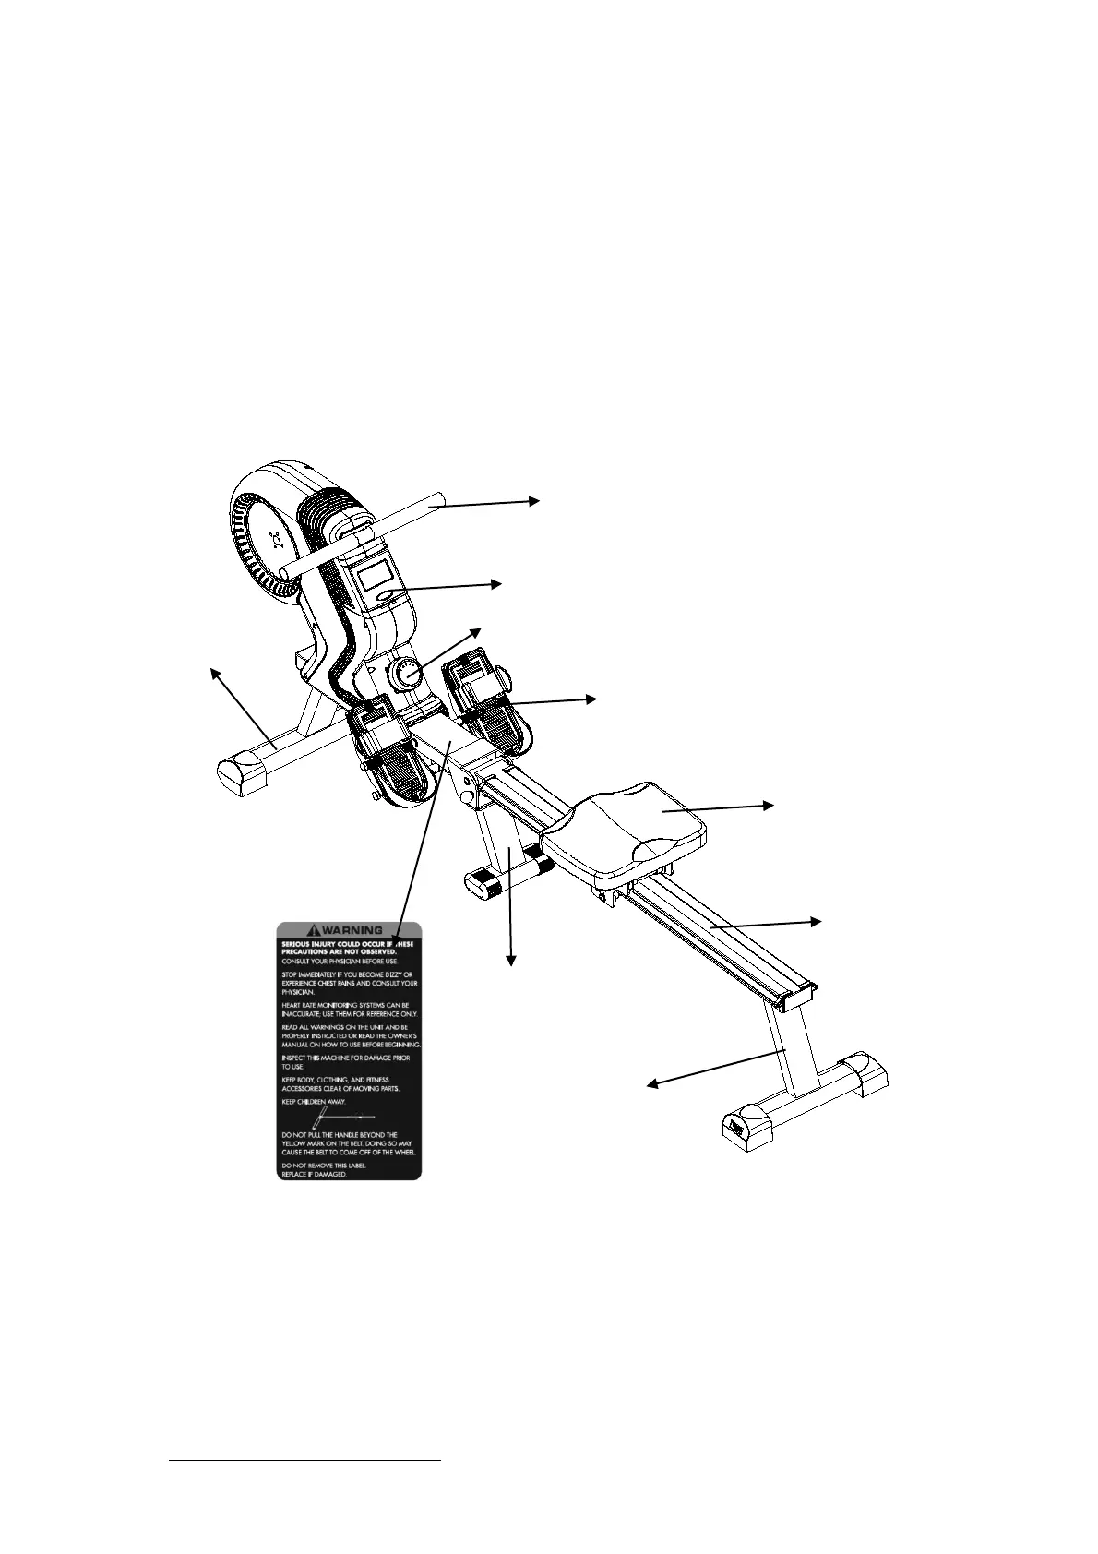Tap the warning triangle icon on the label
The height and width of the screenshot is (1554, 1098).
(316, 930)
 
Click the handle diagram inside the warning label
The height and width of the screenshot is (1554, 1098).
(343, 1117)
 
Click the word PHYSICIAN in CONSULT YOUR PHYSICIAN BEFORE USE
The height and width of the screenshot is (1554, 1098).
(352, 961)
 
